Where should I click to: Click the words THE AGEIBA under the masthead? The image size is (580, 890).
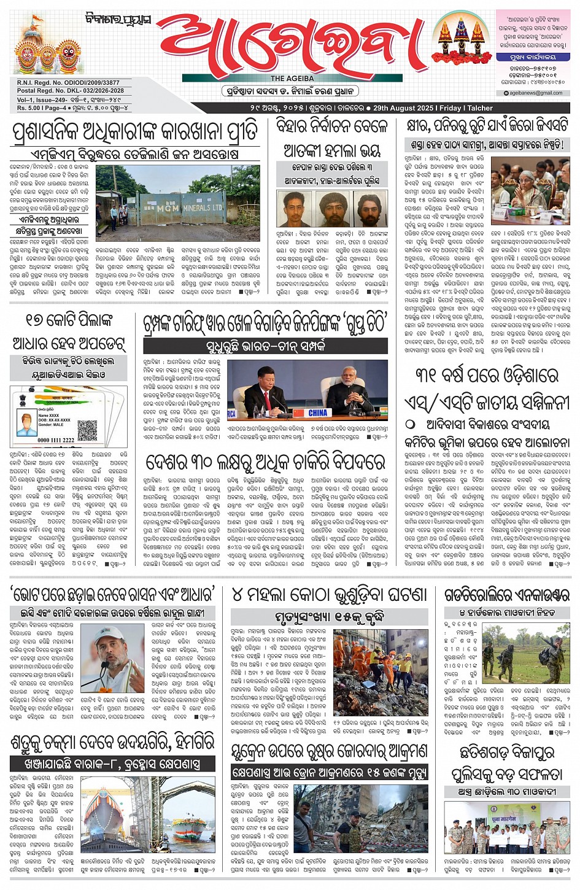point(292,79)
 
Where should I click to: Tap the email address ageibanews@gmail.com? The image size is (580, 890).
point(536,93)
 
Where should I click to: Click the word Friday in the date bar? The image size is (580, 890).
point(450,108)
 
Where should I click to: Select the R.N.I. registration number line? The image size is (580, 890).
point(69,83)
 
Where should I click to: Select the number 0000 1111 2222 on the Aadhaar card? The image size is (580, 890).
point(55,440)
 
